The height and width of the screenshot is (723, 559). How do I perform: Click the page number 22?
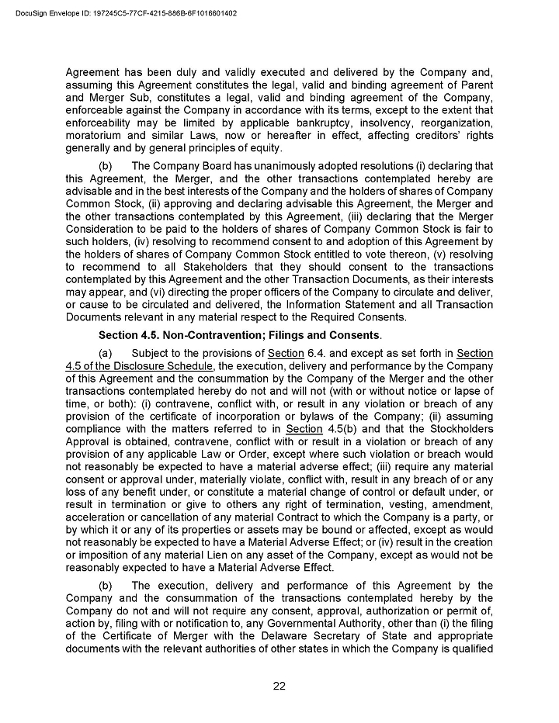(x=279, y=684)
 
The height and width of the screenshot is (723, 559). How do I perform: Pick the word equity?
(x=263, y=148)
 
